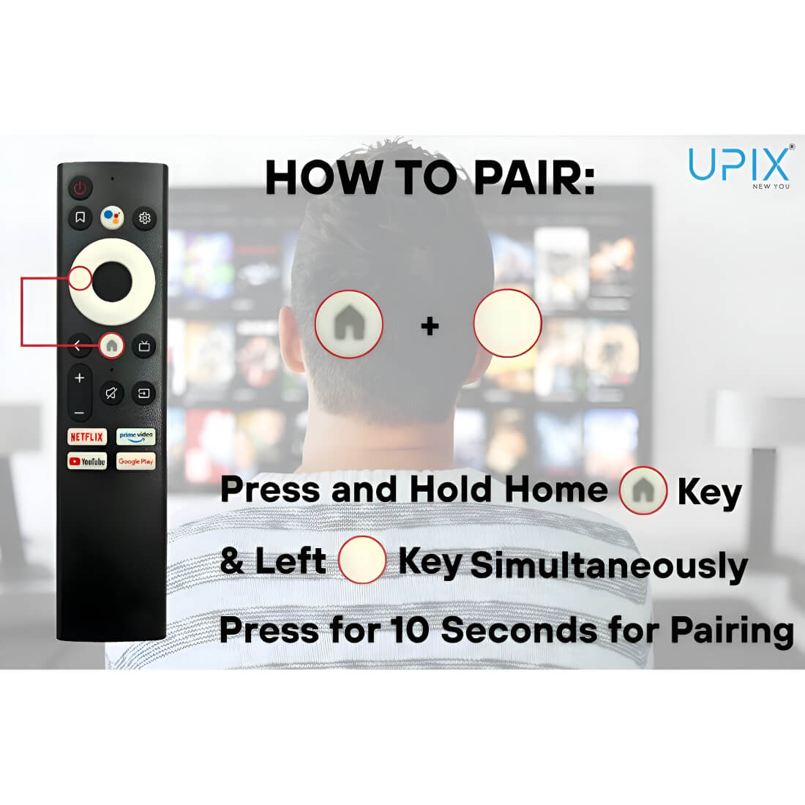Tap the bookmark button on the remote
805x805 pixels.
[x=80, y=217]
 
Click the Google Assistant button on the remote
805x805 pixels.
[x=113, y=217]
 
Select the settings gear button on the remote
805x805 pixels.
[x=144, y=218]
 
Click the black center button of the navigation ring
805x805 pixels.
[x=113, y=281]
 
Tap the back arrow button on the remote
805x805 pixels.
[x=78, y=346]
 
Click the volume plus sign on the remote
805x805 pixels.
[x=80, y=378]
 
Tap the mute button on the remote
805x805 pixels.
[x=111, y=394]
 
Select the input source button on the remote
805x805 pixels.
[x=143, y=394]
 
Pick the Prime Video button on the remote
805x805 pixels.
[x=136, y=437]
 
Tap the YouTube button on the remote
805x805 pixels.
[x=87, y=461]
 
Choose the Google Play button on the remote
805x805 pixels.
[x=136, y=461]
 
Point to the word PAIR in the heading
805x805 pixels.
[x=533, y=178]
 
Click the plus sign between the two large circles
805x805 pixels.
[x=430, y=326]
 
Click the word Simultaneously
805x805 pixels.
[x=609, y=566]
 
